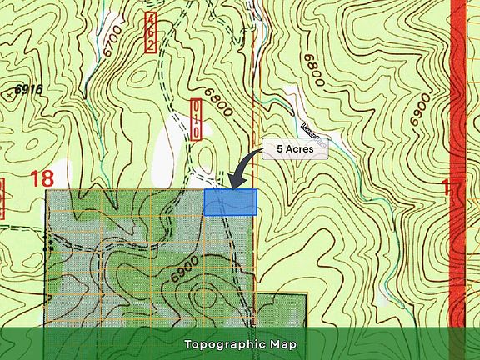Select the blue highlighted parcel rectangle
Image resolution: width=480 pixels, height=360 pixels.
[x=230, y=202]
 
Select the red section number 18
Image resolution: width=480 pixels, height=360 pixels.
[x=43, y=177]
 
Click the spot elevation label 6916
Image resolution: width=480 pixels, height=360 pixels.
[x=27, y=88]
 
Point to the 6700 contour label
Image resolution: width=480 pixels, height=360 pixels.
[x=114, y=39]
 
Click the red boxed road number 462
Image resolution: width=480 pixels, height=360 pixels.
[x=151, y=32]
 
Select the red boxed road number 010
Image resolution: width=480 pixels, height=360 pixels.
[x=194, y=119]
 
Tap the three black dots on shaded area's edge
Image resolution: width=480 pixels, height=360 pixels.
[x=49, y=245]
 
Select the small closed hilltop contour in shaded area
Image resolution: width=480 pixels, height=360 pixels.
[x=204, y=294]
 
